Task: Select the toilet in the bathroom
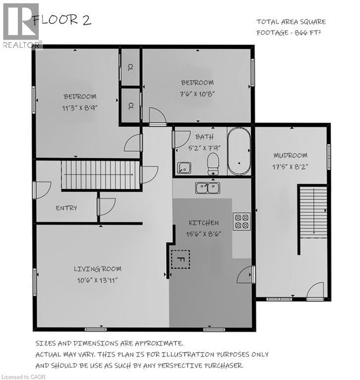click(x=213, y=163)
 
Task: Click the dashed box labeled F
click(x=181, y=259)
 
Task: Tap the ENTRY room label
click(x=66, y=208)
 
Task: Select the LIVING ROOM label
click(x=98, y=269)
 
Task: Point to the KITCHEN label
click(x=204, y=223)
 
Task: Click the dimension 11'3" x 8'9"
click(x=80, y=106)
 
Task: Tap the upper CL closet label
click(x=131, y=67)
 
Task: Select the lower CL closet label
click(x=131, y=105)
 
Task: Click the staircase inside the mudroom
click(x=313, y=210)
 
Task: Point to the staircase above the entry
click(x=99, y=175)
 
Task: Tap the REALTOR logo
click(x=22, y=25)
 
